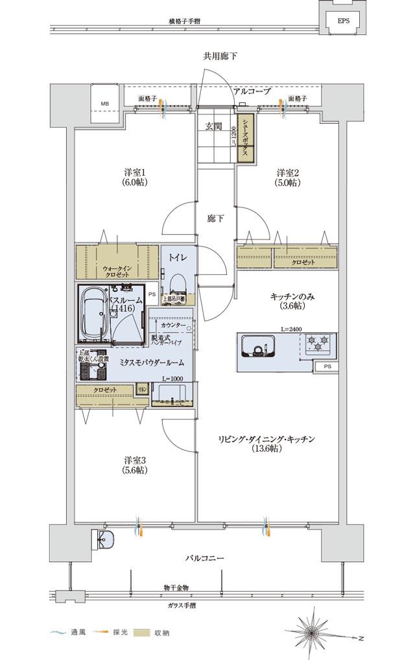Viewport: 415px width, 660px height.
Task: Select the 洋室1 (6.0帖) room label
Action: click(136, 177)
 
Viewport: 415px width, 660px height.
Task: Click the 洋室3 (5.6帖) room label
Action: click(136, 466)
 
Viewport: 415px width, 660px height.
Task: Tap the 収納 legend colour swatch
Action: click(142, 631)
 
